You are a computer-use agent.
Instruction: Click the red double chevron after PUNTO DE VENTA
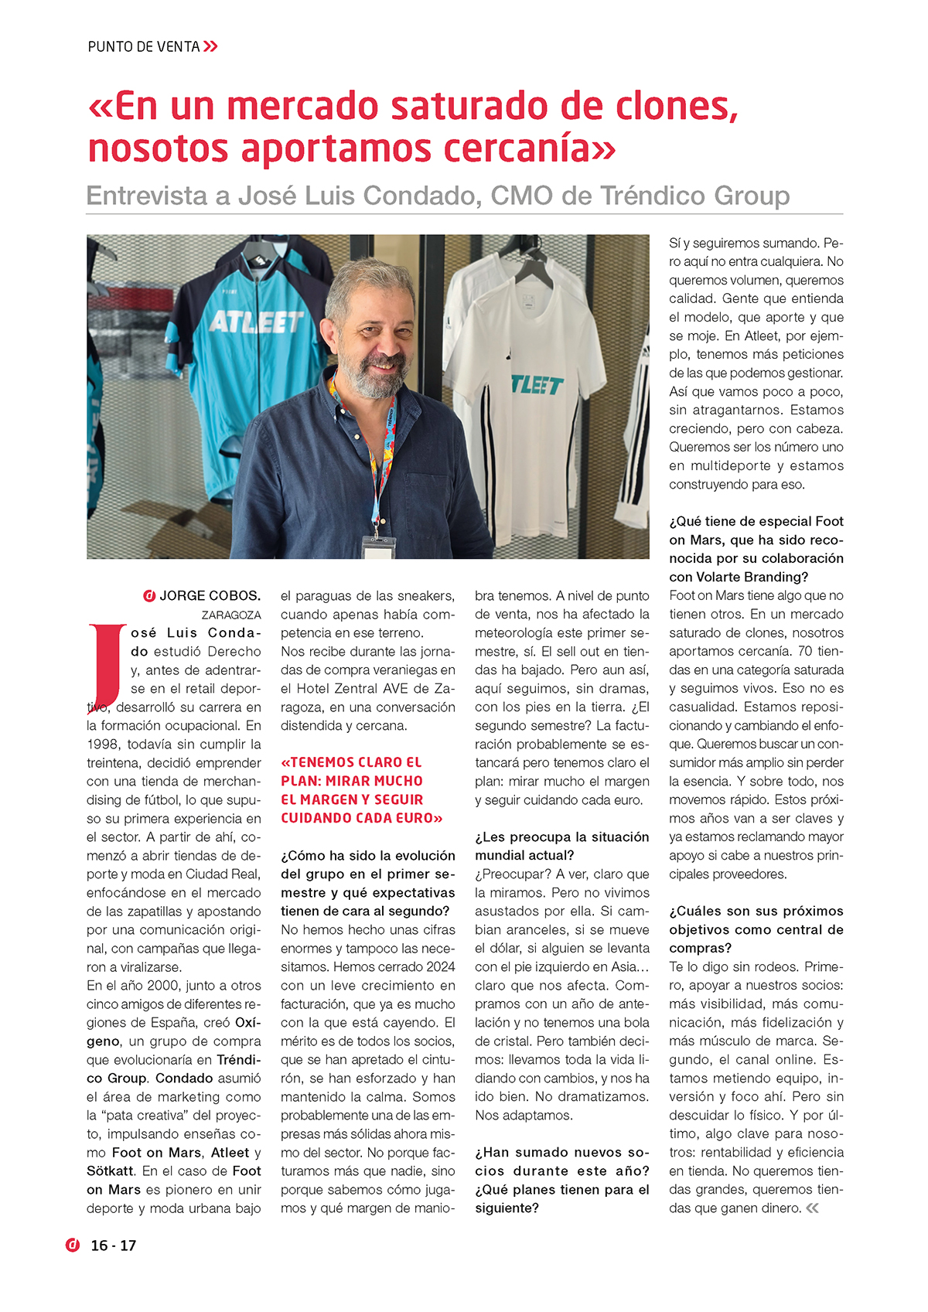coord(210,46)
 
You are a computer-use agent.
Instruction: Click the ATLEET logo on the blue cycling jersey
coord(256,321)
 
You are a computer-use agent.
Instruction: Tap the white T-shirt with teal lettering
coord(526,371)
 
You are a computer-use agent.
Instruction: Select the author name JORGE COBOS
coord(210,596)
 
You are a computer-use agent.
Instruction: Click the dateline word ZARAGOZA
coord(231,615)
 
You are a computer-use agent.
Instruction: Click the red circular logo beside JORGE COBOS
coord(149,596)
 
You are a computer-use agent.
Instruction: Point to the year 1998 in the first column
coord(104,745)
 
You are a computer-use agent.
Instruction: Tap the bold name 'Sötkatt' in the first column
coord(111,1171)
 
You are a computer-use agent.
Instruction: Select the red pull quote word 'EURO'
coord(413,818)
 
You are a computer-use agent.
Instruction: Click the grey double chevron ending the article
coord(812,1208)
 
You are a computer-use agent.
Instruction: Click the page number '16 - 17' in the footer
coord(114,1246)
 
